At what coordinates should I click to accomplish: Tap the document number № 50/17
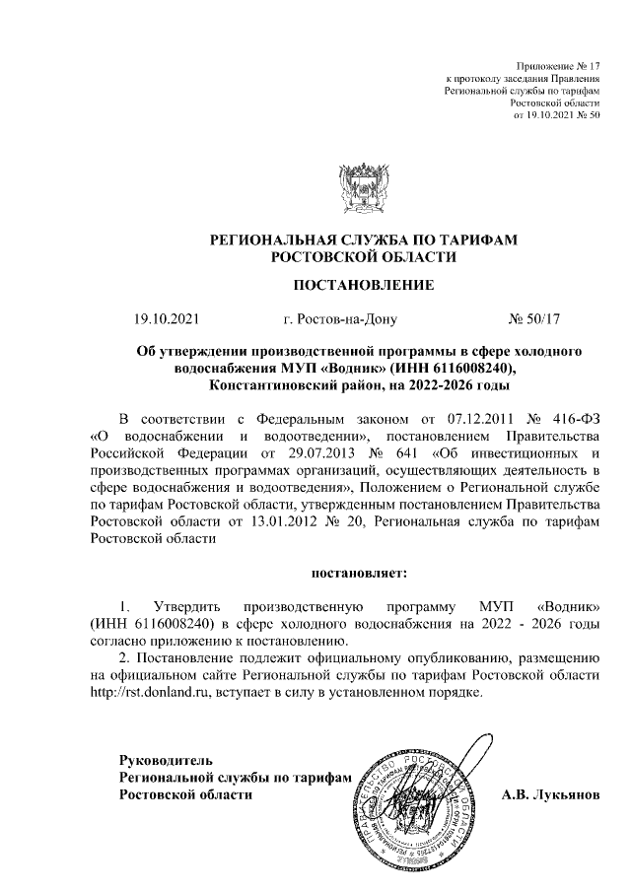(533, 319)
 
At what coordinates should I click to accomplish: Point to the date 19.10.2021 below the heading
(168, 319)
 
